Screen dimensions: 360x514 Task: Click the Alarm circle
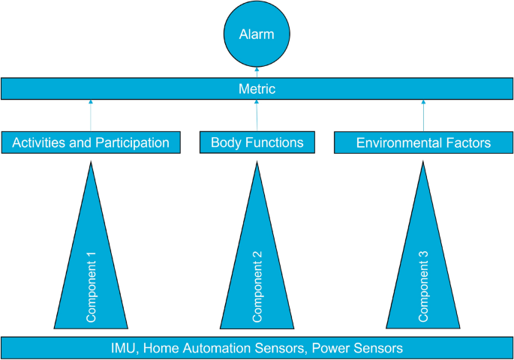click(257, 34)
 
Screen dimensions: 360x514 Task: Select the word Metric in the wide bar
click(257, 89)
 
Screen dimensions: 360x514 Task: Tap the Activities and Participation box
click(91, 142)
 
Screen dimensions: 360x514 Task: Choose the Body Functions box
click(257, 142)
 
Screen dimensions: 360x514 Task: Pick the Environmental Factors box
click(423, 142)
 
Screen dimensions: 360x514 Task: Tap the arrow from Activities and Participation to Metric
click(91, 115)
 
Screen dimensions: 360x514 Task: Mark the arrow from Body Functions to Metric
click(257, 115)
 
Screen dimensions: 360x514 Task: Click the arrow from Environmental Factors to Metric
click(423, 115)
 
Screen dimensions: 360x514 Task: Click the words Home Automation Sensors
click(224, 348)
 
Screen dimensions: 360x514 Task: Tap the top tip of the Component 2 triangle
click(257, 163)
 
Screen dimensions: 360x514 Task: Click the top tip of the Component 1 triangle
click(91, 163)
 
